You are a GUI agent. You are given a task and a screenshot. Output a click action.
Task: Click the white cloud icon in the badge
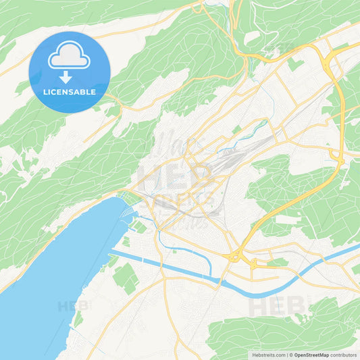[x=70, y=57]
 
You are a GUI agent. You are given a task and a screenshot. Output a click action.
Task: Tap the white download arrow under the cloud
[x=70, y=78]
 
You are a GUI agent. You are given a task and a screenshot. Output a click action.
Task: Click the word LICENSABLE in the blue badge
[x=70, y=92]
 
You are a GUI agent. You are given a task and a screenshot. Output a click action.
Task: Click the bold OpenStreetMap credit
[x=311, y=355]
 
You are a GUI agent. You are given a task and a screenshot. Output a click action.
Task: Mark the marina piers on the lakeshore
[x=127, y=215]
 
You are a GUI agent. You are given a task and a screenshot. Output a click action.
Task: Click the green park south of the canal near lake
[x=126, y=277]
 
